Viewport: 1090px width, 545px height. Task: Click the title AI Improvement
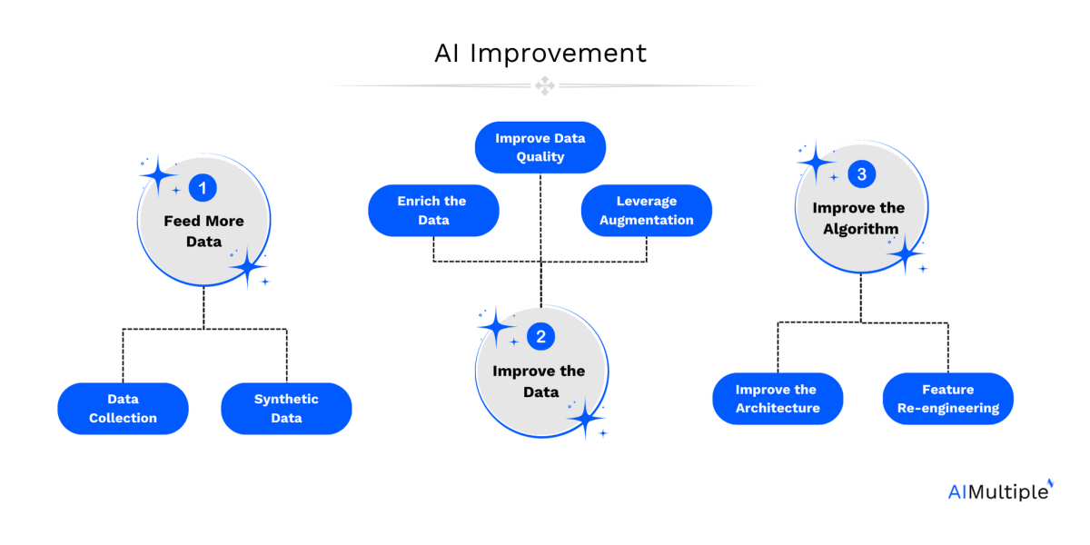coord(540,54)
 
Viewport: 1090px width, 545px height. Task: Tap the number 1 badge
coord(203,188)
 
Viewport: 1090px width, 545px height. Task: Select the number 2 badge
coord(540,337)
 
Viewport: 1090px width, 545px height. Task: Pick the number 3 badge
coord(860,174)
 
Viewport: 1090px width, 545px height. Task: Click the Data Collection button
coord(123,409)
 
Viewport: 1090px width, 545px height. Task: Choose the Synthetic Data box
coord(286,409)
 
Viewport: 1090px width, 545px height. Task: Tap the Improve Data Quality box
coord(540,147)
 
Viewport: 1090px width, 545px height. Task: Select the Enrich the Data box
coord(433,211)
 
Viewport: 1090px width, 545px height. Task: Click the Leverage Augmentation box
coord(646,211)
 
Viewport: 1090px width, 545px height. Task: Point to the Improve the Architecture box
coord(778,399)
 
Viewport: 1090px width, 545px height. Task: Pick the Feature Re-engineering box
coord(947,399)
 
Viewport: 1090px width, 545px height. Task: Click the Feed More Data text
coord(203,231)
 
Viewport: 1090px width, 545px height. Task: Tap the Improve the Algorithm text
coord(858,218)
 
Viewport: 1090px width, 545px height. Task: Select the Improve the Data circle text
coord(540,381)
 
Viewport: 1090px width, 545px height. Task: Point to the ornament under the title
coord(544,86)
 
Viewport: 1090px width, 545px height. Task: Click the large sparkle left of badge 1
coord(159,173)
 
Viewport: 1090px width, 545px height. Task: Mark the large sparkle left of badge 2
coord(496,324)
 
